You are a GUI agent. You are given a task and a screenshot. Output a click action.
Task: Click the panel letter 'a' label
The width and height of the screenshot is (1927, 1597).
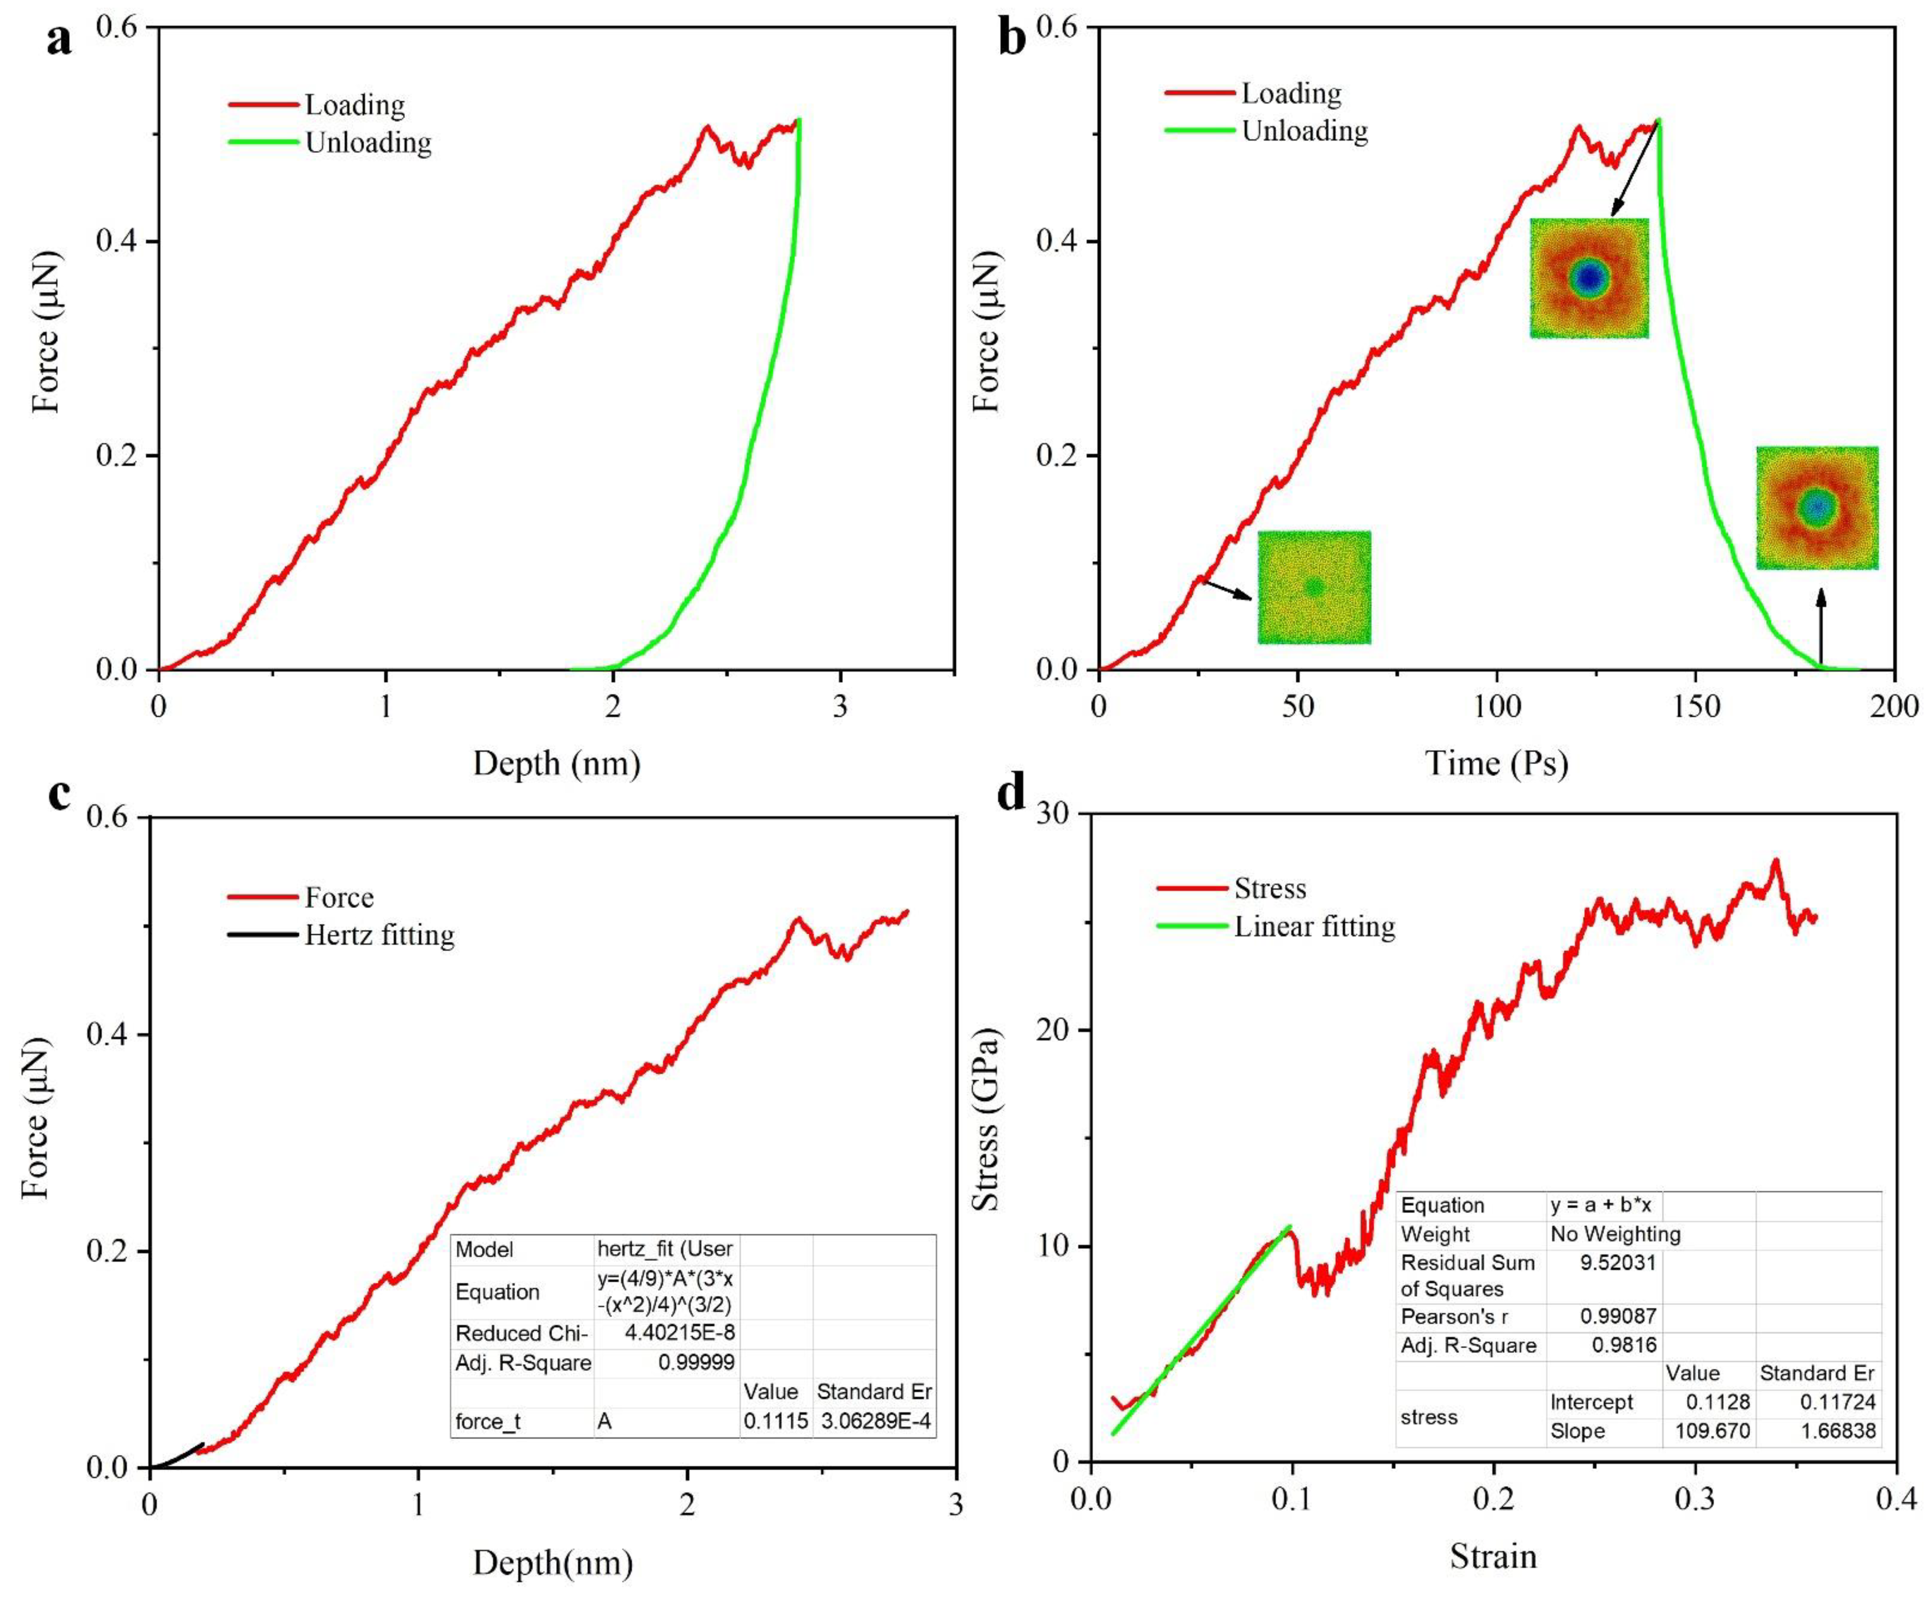(59, 41)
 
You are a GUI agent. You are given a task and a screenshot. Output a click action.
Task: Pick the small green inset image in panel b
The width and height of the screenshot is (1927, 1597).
(1314, 587)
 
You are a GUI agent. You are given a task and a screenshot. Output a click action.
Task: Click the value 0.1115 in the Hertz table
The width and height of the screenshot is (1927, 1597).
(775, 1422)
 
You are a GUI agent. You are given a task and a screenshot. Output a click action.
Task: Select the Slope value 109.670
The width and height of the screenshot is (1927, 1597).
(1712, 1431)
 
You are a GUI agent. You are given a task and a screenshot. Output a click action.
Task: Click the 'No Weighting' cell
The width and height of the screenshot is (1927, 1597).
(1615, 1235)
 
